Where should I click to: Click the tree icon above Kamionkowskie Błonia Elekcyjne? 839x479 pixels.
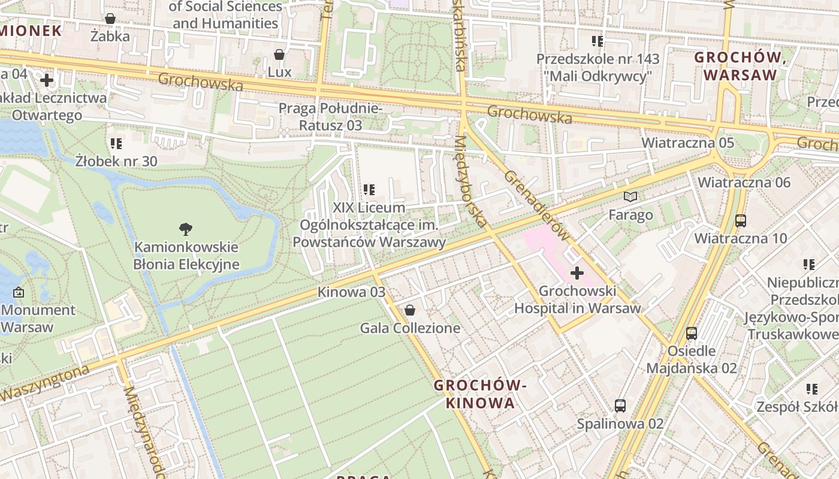pos(186,228)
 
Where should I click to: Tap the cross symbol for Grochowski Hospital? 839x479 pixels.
pos(577,273)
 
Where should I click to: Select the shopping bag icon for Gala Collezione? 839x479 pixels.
pos(410,310)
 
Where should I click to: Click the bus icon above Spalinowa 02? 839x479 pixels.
pos(620,405)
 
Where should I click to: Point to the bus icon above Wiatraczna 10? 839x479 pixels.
pos(741,220)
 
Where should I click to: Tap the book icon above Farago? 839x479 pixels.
pos(630,196)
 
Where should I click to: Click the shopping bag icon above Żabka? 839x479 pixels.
pos(110,19)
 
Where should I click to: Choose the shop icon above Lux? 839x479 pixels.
pos(279,54)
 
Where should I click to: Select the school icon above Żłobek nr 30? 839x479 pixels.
pos(116,143)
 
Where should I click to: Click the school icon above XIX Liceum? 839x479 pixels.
pos(369,189)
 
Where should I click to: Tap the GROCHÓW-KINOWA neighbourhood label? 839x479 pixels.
pos(480,394)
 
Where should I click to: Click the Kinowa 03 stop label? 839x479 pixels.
pos(351,292)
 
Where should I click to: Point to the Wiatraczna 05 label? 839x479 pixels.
pos(687,143)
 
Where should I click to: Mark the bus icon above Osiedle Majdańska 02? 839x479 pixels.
pos(692,333)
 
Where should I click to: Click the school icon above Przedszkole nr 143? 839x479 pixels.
pos(597,41)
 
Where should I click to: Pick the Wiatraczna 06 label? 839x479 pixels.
pos(744,182)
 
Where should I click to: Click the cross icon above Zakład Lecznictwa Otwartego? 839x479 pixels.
pos(47,80)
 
